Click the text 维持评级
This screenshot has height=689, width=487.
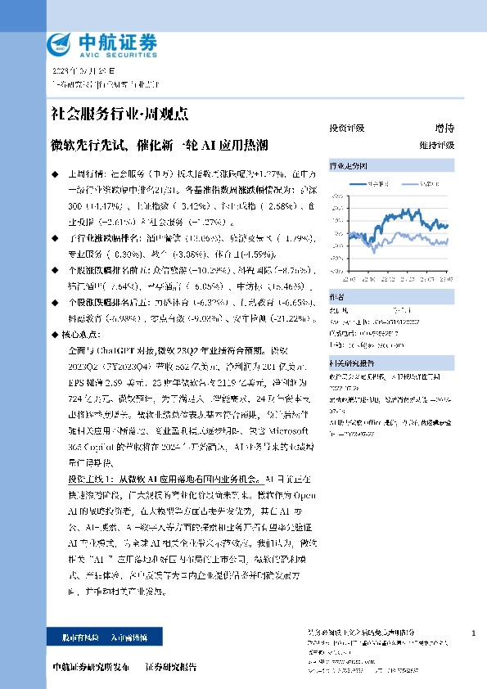click(436, 145)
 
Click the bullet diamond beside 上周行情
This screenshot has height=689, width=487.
click(55, 174)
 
